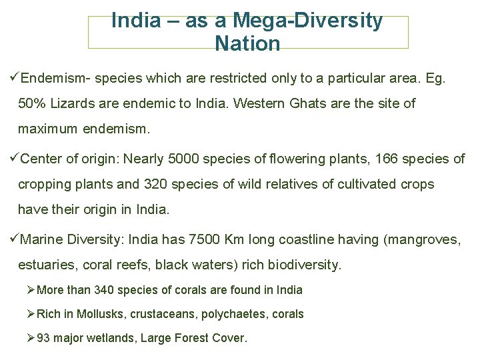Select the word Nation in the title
click(247, 44)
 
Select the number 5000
click(183, 159)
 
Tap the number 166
click(386, 159)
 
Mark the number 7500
click(205, 239)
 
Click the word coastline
click(304, 239)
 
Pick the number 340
click(104, 290)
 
